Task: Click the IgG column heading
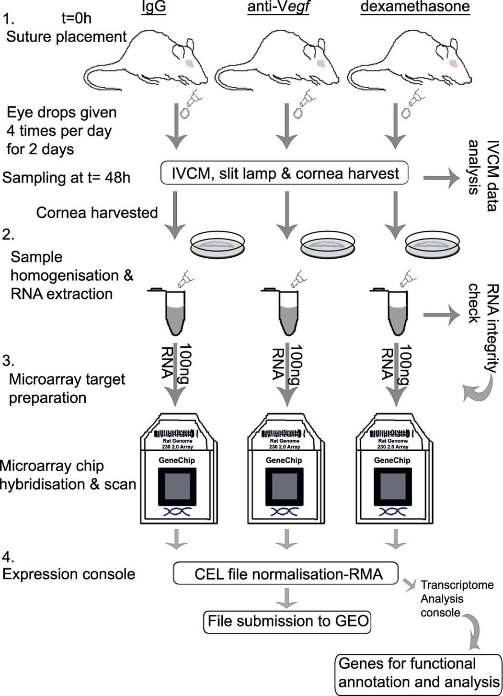(153, 7)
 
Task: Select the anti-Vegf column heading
(278, 7)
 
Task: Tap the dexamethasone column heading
(415, 7)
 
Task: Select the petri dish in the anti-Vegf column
(328, 245)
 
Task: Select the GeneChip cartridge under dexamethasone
(393, 474)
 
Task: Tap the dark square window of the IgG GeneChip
(177, 486)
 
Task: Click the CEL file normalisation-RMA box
(286, 574)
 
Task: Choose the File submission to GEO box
(288, 621)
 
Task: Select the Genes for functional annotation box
(418, 673)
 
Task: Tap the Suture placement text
(66, 37)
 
